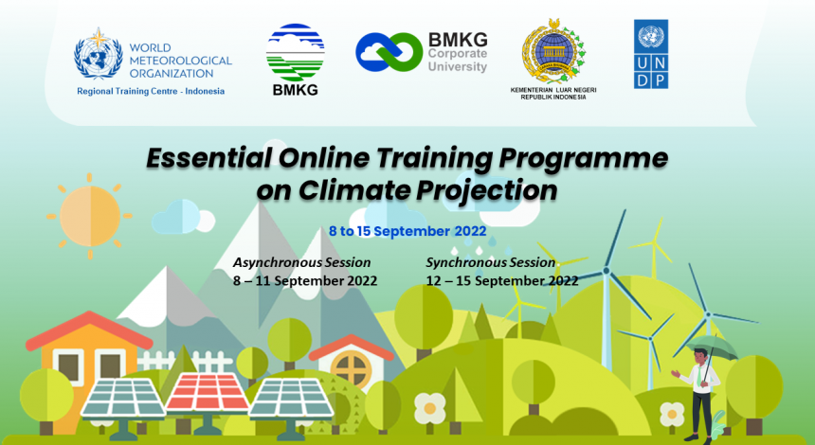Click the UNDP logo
651,54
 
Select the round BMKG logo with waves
296,52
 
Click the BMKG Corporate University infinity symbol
389,52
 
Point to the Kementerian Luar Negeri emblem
554,52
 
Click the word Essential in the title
208,158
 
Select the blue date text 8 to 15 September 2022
407,231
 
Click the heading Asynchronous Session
302,263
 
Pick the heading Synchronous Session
491,263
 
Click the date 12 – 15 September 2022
502,281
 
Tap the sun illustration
90,216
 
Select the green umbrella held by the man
712,347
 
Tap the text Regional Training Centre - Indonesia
151,92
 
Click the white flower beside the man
672,415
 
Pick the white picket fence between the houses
185,361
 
